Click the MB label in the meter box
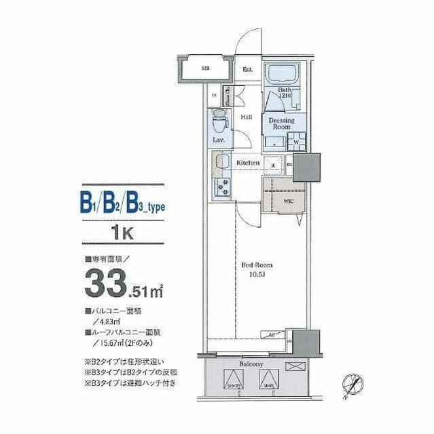[204, 68]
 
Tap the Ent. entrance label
[248, 68]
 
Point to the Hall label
[247, 117]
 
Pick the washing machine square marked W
[295, 142]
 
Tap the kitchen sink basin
[222, 163]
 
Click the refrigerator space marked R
[273, 164]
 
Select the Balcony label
[251, 364]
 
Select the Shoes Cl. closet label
[228, 98]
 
